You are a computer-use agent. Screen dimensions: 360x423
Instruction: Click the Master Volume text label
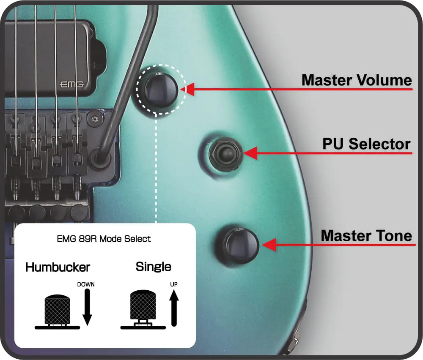click(x=356, y=80)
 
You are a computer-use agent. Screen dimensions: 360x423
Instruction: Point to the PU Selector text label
click(x=366, y=144)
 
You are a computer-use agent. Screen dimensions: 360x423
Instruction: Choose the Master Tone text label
click(x=366, y=235)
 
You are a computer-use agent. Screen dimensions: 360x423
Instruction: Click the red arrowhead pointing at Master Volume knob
click(x=189, y=89)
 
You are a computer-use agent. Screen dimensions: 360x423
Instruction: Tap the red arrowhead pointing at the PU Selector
click(x=251, y=153)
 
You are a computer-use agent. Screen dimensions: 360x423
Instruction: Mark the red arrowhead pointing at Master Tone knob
click(x=269, y=245)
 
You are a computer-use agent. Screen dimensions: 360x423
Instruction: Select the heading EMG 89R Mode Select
click(x=104, y=239)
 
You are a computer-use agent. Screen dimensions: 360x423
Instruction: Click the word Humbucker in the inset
click(x=58, y=267)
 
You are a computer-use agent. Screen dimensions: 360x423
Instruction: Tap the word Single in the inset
click(x=153, y=267)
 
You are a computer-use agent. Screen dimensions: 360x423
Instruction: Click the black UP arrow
click(x=174, y=309)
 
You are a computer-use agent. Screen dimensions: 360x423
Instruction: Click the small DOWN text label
click(x=86, y=284)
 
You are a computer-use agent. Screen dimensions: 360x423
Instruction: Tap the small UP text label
click(x=173, y=284)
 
